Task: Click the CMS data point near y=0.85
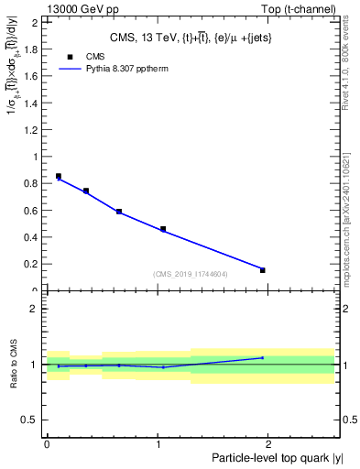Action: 59,176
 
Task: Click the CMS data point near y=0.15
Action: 263,270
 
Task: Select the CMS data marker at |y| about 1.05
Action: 163,229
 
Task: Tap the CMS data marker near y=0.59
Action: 119,212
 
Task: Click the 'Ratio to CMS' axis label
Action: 14,365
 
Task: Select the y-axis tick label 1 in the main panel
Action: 37,157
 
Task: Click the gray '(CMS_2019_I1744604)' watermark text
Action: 191,274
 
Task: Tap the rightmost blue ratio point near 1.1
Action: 263,358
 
